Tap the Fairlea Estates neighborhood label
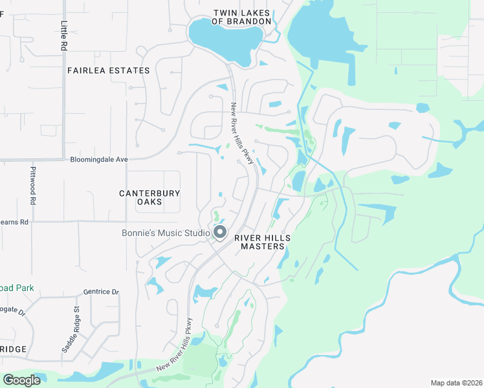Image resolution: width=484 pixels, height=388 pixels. (x=108, y=70)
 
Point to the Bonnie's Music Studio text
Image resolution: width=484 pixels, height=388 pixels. (x=166, y=233)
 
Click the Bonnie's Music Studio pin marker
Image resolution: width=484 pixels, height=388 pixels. (x=220, y=232)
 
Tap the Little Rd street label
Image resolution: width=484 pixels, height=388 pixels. (x=63, y=36)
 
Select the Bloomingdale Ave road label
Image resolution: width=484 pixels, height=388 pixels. (x=100, y=159)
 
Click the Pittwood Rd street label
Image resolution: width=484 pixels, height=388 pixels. (x=32, y=186)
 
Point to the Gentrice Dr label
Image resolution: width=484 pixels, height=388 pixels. (x=102, y=292)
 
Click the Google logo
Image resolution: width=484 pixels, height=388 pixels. (x=21, y=380)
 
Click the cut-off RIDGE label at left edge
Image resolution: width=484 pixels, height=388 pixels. (x=13, y=349)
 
